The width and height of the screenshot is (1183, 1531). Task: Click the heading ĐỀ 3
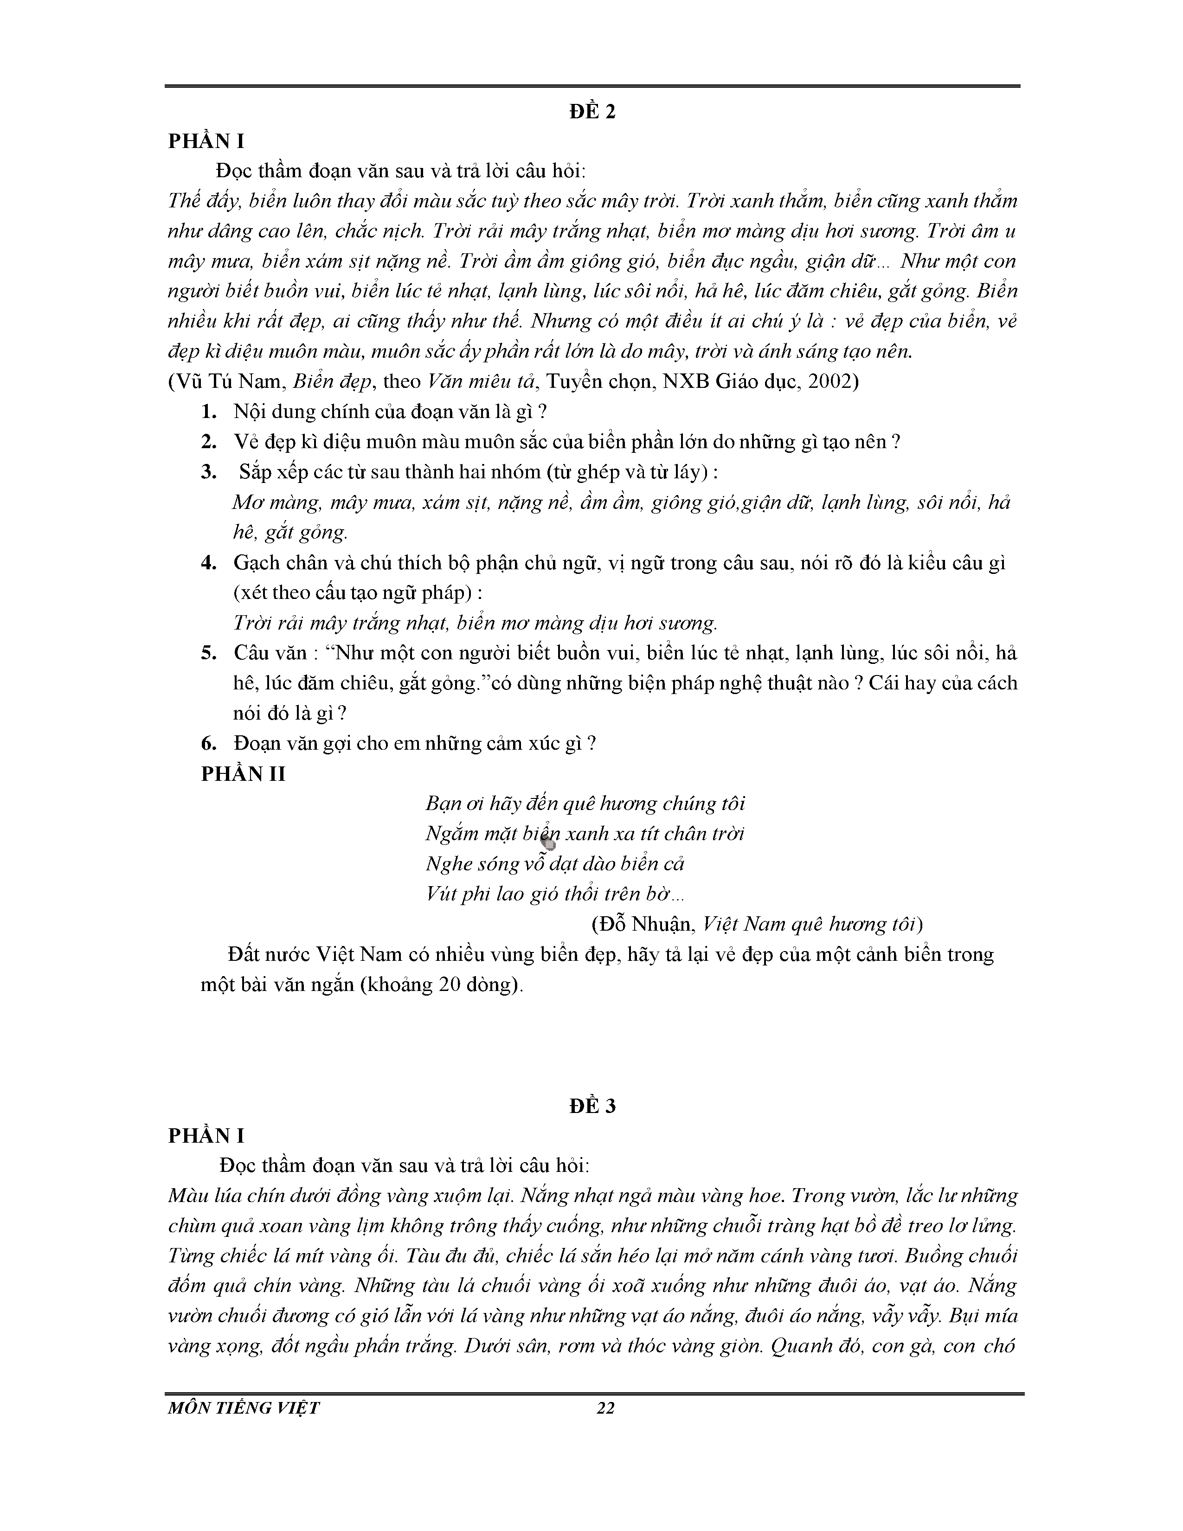592,1106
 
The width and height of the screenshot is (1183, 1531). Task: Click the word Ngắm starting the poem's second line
450,834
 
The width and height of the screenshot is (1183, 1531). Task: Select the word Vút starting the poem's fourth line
440,894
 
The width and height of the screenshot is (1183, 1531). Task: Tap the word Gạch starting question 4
257,563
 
